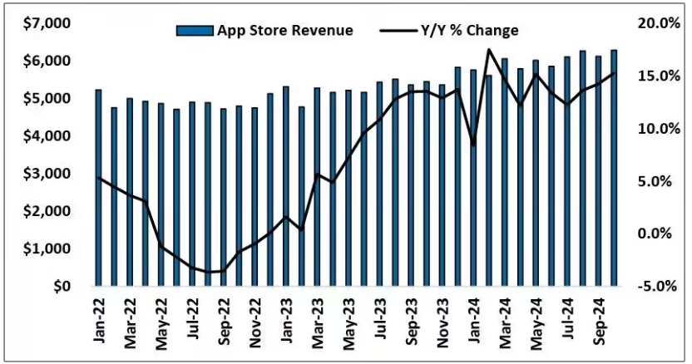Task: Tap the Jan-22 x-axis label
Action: click(99, 320)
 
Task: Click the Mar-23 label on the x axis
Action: click(318, 320)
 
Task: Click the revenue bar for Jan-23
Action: click(285, 186)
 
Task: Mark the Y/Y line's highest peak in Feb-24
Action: click(488, 50)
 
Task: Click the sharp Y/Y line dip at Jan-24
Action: click(473, 145)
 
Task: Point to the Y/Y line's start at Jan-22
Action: click(99, 177)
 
